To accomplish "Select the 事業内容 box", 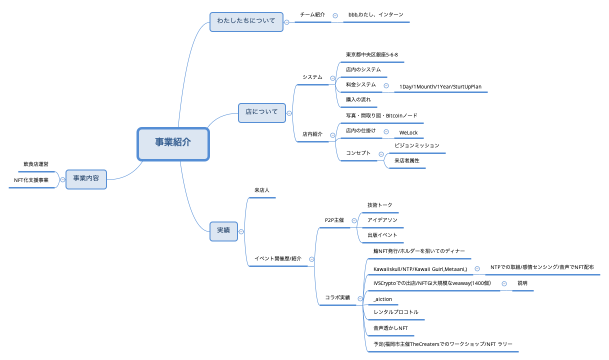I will click(x=88, y=179).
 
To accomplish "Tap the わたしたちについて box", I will click(x=246, y=20).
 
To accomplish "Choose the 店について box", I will click(x=261, y=109).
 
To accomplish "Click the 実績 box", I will click(x=224, y=229).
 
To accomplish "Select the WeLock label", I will click(x=408, y=131).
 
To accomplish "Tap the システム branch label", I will click(x=312, y=76).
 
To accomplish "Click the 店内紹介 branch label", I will click(x=312, y=131).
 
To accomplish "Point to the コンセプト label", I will click(x=357, y=153).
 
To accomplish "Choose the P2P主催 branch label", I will click(x=335, y=218).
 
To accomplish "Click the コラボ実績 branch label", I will click(x=337, y=297).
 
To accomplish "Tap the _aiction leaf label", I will click(x=382, y=298).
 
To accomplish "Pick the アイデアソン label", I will click(x=383, y=218).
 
